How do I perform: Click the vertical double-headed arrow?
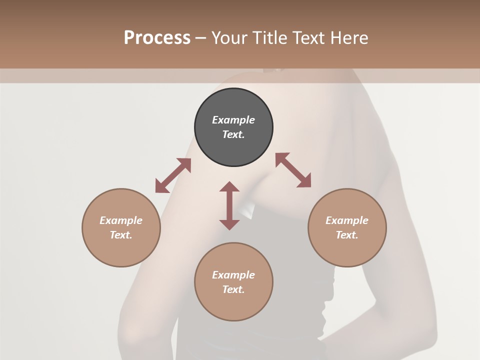(229, 205)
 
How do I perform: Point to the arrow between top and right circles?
(293, 170)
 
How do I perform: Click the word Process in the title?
(157, 37)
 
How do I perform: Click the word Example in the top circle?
(233, 120)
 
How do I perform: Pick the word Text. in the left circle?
(121, 235)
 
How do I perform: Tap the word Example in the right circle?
(347, 220)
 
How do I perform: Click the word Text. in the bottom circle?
(233, 289)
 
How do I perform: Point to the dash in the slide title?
(201, 38)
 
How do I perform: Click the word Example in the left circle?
(121, 220)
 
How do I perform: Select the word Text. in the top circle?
(233, 134)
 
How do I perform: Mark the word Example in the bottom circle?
(233, 275)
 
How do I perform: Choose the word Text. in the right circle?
(347, 235)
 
